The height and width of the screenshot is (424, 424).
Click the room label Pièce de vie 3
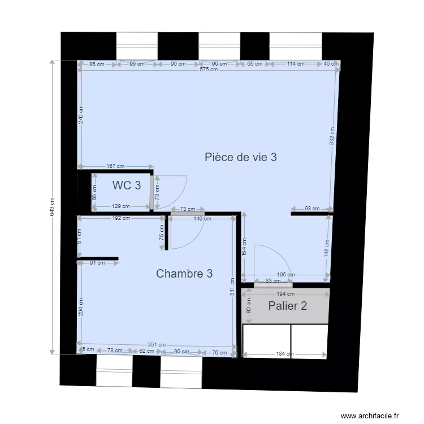pyautogui.click(x=240, y=157)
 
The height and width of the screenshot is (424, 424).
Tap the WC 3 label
pyautogui.click(x=127, y=185)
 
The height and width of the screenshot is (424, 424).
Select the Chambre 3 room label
pyautogui.click(x=184, y=274)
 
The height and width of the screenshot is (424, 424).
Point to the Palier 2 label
pyautogui.click(x=288, y=306)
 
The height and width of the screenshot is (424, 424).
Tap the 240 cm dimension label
pyautogui.click(x=81, y=115)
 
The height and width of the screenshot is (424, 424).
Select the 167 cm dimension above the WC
pyautogui.click(x=115, y=166)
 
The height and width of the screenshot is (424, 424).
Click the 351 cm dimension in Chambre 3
pyautogui.click(x=157, y=345)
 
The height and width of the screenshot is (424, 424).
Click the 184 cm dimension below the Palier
pyautogui.click(x=284, y=354)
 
